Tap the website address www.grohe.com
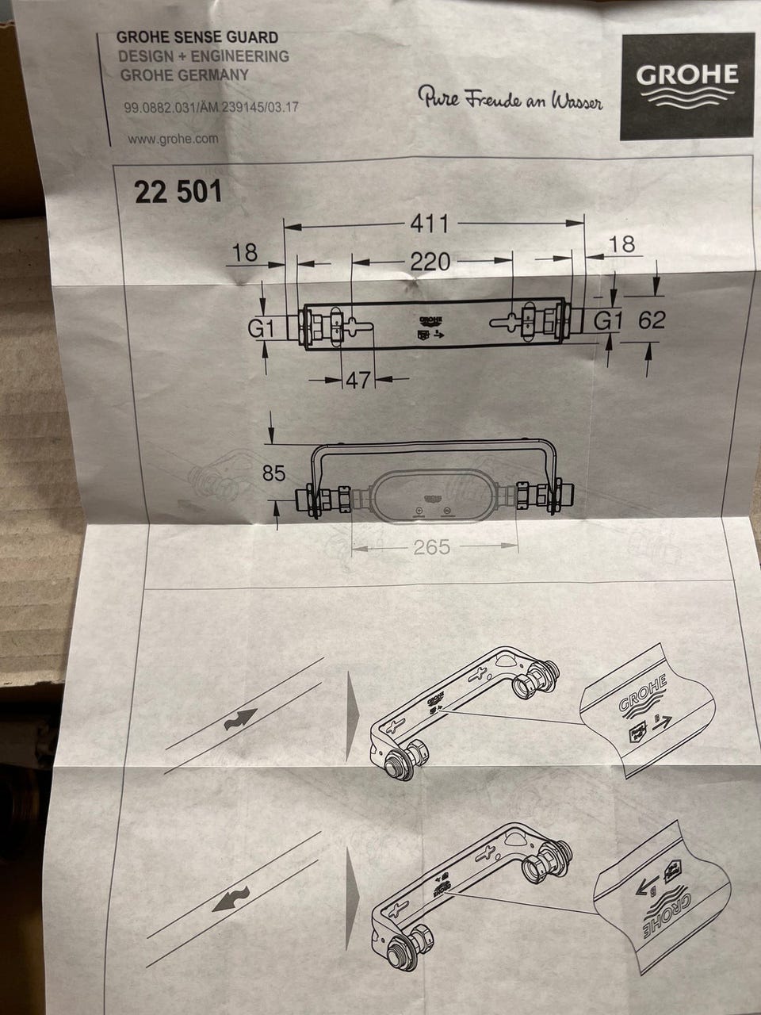[173, 139]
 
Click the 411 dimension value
[429, 224]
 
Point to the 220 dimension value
[430, 262]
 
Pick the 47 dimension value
[358, 380]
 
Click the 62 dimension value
[652, 320]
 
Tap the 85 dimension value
[273, 473]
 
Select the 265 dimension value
[431, 547]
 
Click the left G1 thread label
[262, 329]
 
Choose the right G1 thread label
[608, 320]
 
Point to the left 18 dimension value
[245, 253]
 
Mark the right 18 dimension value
[622, 243]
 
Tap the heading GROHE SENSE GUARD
[197, 37]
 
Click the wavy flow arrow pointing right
[241, 719]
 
